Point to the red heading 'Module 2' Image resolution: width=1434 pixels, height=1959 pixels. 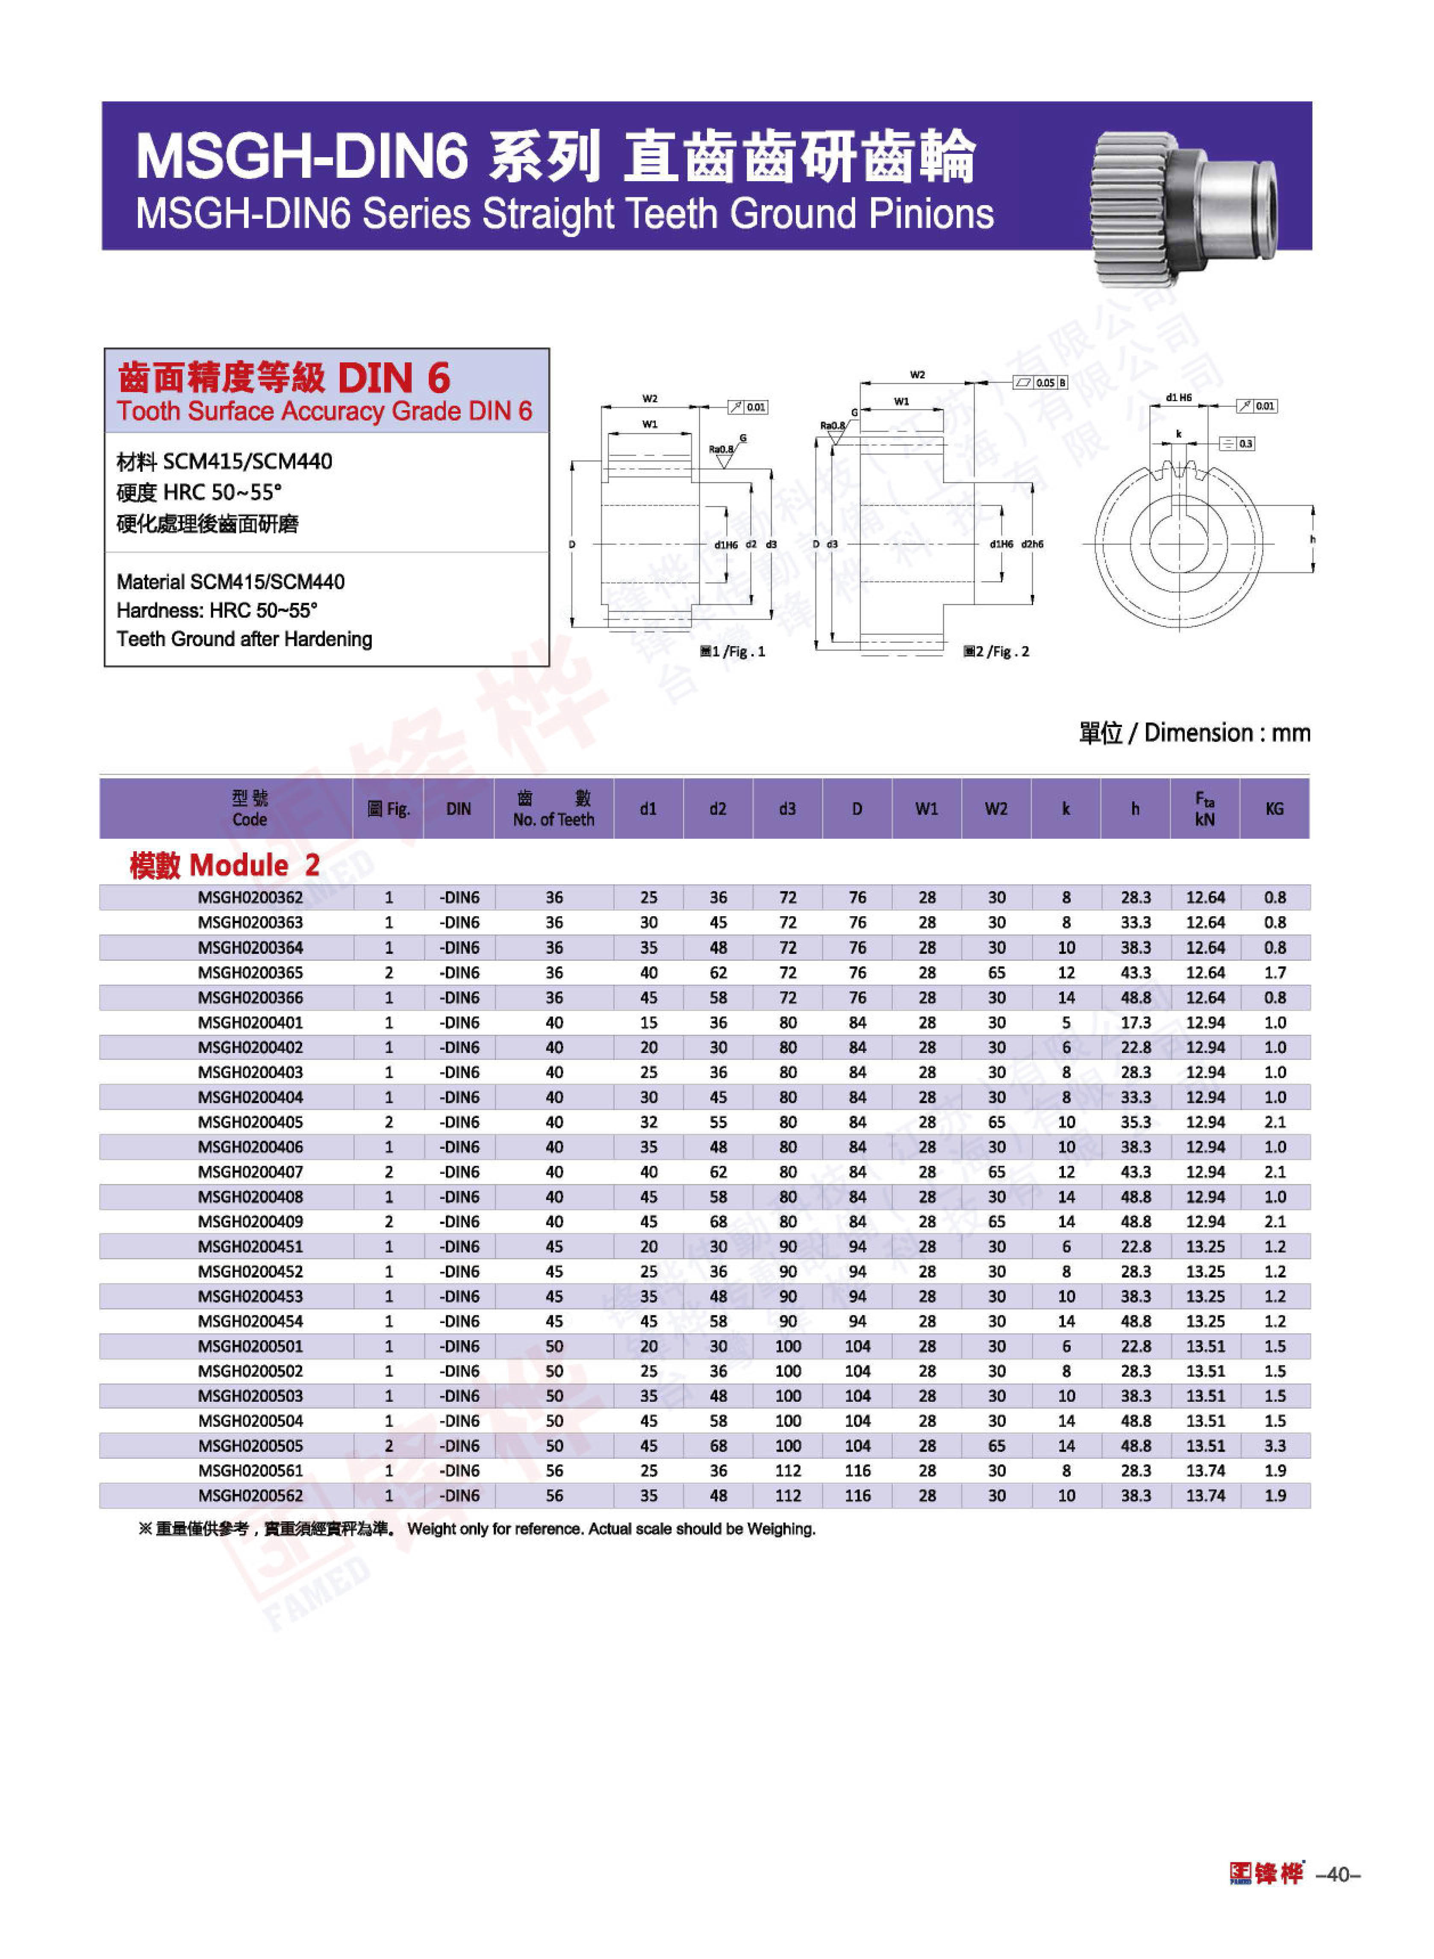[x=225, y=865]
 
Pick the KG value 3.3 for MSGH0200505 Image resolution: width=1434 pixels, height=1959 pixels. [x=1274, y=1445]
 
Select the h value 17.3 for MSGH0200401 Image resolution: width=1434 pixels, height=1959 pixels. [x=1134, y=1023]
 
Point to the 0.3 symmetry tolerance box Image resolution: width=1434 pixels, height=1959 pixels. [x=1238, y=444]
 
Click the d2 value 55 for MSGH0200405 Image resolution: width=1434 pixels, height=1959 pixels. [x=718, y=1121]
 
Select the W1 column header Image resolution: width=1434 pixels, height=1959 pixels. [x=926, y=809]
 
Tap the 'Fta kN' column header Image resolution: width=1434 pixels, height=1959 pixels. [x=1204, y=809]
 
